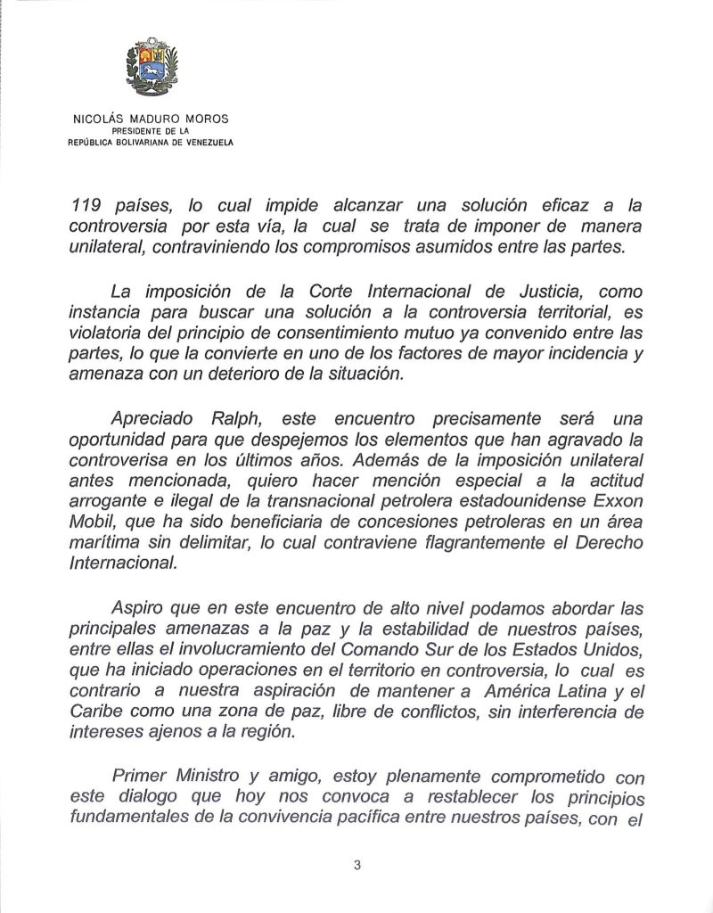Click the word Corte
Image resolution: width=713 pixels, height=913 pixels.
pos(309,291)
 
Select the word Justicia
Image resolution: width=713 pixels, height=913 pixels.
pos(529,291)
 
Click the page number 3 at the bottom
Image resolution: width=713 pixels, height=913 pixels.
pos(356,864)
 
